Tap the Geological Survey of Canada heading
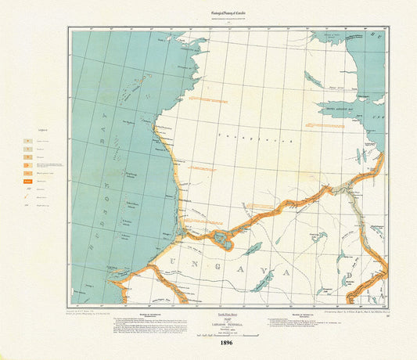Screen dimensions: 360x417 [207, 8]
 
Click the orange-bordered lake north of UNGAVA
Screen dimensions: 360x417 [222, 239]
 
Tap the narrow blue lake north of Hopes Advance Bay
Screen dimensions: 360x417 [313, 80]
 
